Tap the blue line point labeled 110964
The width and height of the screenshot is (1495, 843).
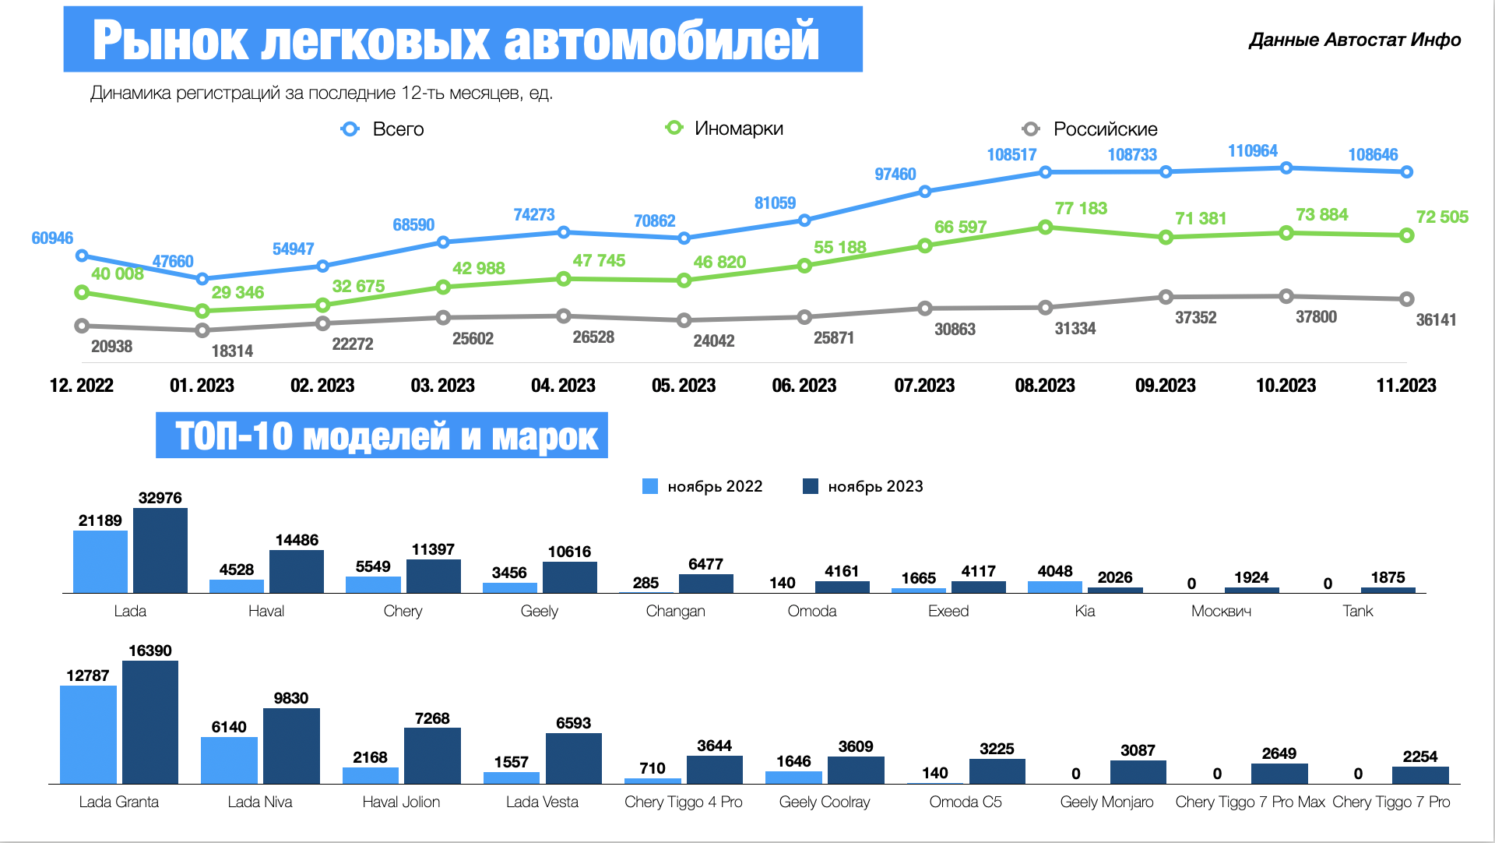coord(1286,168)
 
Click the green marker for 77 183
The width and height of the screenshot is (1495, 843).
coord(1045,227)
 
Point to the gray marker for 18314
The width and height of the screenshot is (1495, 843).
coord(202,330)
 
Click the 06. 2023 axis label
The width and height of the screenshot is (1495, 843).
coord(804,385)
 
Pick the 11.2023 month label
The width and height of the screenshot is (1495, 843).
coord(1405,385)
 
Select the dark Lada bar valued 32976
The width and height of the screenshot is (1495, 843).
coord(160,550)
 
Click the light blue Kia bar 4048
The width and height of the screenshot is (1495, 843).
coord(1055,587)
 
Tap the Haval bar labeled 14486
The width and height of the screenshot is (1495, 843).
coord(297,571)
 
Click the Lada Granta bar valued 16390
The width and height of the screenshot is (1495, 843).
coord(150,721)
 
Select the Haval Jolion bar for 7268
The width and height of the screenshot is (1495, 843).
coord(432,755)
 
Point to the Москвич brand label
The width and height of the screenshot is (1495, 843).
coord(1221,611)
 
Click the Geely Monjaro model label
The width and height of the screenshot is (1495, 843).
coord(1106,802)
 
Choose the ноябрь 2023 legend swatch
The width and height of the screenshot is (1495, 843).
coord(811,486)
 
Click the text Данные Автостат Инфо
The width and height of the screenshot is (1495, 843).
coord(1355,40)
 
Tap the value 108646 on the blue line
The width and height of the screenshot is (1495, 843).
coord(1373,154)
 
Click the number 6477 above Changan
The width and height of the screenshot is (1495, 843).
coord(705,563)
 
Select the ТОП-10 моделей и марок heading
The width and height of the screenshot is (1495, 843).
coord(382,436)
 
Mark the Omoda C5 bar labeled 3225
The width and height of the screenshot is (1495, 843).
coord(997,771)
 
